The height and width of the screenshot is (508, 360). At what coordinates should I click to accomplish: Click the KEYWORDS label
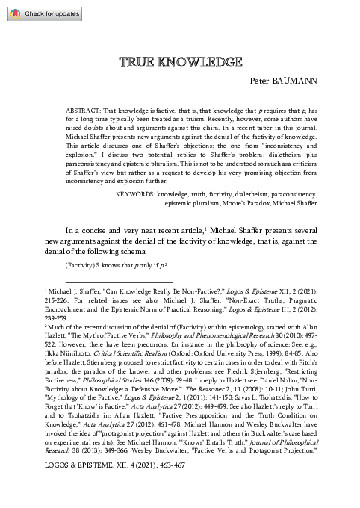pos(139,193)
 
